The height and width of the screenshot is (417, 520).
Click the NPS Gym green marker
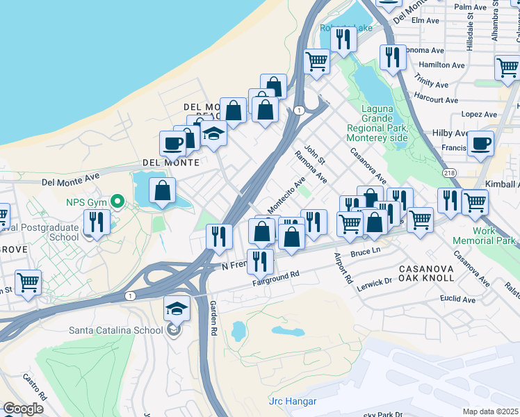click(x=118, y=202)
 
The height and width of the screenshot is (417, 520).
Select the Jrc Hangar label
click(x=292, y=402)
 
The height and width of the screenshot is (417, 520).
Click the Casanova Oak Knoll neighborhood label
click(x=427, y=272)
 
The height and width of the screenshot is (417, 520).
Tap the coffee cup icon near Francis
click(x=480, y=144)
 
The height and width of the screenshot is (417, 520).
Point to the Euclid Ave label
click(x=458, y=300)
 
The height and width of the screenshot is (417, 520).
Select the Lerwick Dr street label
click(x=373, y=283)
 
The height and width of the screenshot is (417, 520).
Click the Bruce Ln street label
click(x=366, y=253)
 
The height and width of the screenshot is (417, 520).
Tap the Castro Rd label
click(x=34, y=386)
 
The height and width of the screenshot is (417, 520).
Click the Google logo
click(x=23, y=409)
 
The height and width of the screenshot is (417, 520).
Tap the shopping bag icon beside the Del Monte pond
click(x=162, y=190)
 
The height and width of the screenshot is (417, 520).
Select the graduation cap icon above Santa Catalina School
click(x=177, y=307)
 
